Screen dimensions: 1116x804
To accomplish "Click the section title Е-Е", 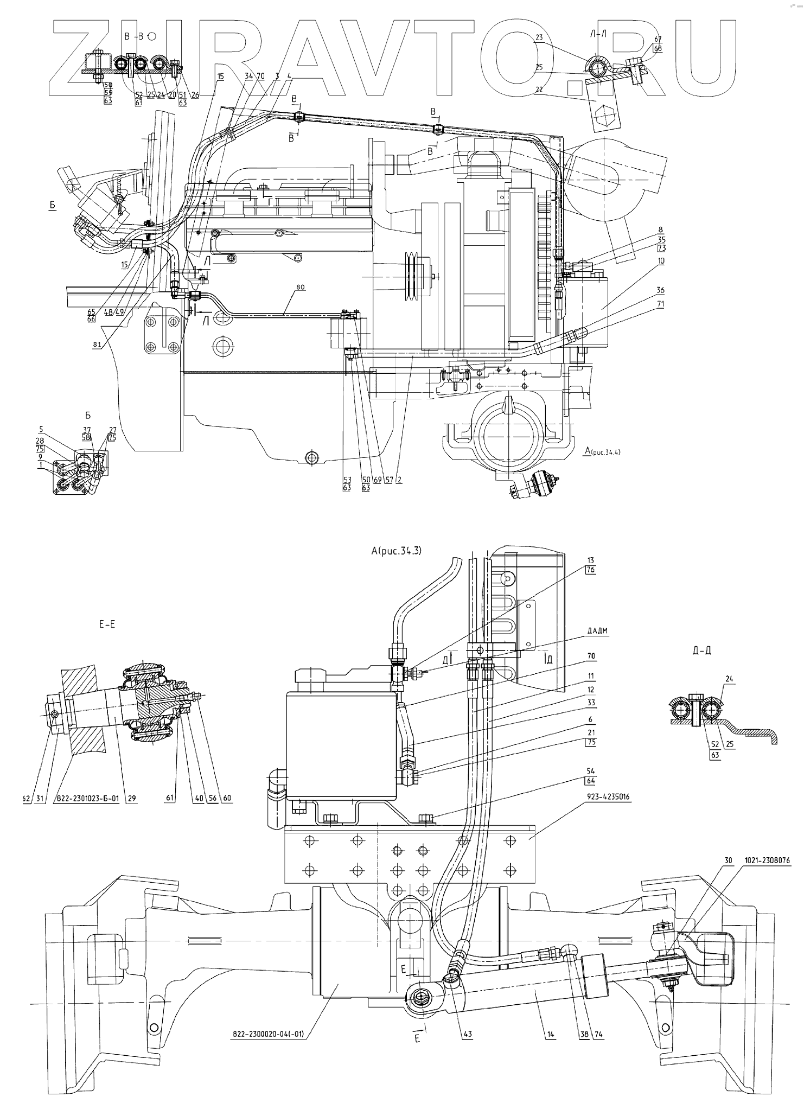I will coord(107,624).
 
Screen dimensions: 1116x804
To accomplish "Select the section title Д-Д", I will coord(702,651).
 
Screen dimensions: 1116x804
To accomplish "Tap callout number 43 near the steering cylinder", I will coord(468,1034).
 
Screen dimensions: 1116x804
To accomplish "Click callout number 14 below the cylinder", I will coord(550,1034).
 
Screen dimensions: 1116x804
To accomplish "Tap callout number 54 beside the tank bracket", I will coord(591,770).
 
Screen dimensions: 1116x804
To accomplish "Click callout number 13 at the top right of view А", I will coord(591,560).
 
